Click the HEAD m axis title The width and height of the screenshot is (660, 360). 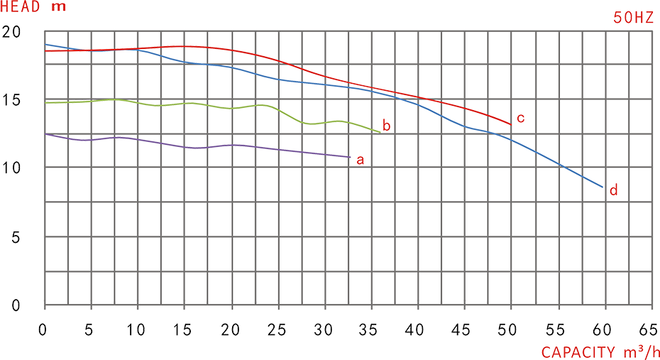(x=34, y=6)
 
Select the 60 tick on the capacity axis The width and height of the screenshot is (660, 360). (x=602, y=330)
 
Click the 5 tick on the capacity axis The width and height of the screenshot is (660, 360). (x=89, y=330)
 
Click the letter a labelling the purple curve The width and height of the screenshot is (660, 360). (x=361, y=159)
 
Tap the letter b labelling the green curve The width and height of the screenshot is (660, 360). (x=387, y=126)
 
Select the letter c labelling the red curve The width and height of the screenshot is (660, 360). (x=522, y=117)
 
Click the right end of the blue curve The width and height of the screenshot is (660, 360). (x=603, y=188)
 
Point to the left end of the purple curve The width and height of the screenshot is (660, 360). (x=46, y=134)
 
